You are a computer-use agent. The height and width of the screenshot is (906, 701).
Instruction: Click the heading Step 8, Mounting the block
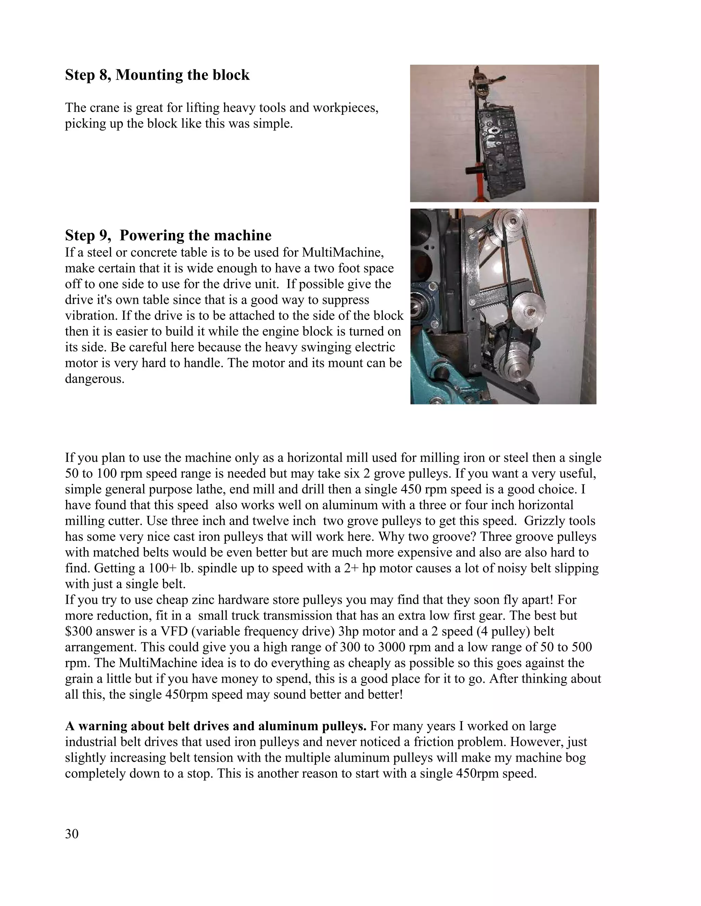[157, 75]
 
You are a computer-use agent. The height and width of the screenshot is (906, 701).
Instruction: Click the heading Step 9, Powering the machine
[168, 235]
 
